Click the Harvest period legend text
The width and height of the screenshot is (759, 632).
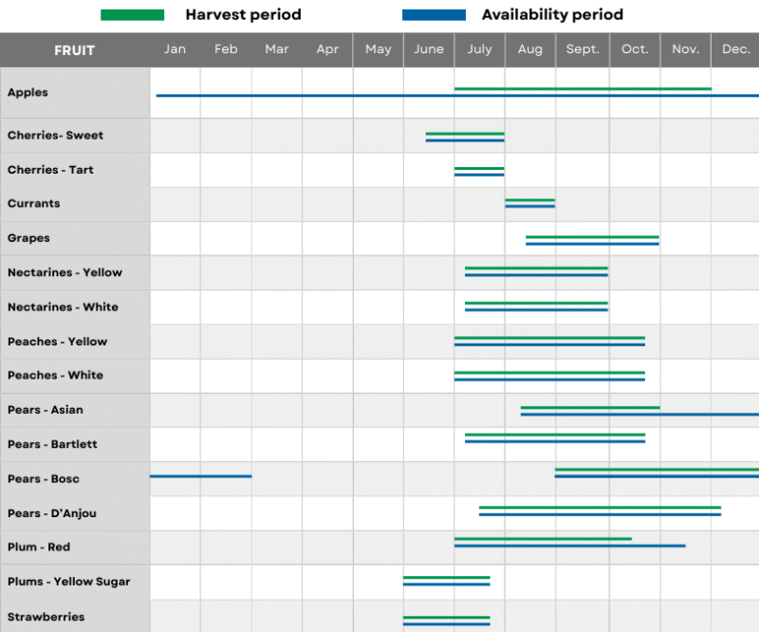[x=243, y=15]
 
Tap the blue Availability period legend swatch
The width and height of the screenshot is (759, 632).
[x=434, y=15]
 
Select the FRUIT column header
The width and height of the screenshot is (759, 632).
[x=74, y=50]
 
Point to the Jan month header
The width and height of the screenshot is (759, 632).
[x=175, y=49]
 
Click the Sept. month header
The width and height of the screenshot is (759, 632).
[x=583, y=49]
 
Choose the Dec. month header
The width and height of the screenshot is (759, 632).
[x=735, y=49]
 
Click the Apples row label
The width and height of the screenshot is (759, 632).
[x=28, y=93]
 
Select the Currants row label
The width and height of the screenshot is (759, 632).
[x=33, y=204]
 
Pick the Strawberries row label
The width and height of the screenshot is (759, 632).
[x=46, y=617]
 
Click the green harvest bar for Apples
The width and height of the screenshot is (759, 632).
[x=583, y=88]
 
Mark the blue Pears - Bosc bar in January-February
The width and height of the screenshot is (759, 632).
[x=200, y=476]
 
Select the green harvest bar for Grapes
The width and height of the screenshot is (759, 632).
[x=592, y=237]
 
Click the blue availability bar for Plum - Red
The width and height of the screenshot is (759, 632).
[x=569, y=546]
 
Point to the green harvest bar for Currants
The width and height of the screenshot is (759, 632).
[x=529, y=200]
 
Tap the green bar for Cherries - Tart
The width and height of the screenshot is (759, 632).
[x=479, y=168]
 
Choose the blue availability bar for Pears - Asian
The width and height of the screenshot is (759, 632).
[x=639, y=415]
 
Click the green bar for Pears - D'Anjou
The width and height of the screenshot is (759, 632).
[x=600, y=508]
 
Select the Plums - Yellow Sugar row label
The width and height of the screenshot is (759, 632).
[x=68, y=582]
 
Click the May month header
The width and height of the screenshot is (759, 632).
[x=378, y=49]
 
